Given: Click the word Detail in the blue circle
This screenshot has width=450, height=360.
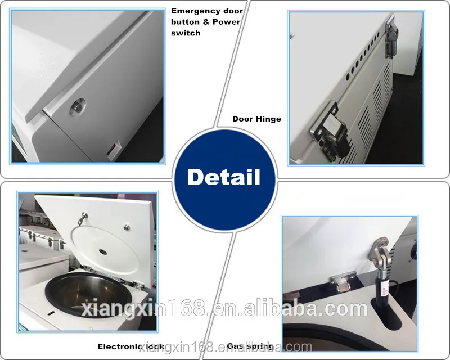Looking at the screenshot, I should coord(224,177).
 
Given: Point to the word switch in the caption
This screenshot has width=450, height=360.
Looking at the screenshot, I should coord(186,33).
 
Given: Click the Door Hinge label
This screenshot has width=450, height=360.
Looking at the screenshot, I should coord(256,119).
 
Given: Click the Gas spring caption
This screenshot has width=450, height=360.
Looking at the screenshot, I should coord(250,346).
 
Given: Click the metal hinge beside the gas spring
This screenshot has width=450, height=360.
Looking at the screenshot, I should coord(341,280).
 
